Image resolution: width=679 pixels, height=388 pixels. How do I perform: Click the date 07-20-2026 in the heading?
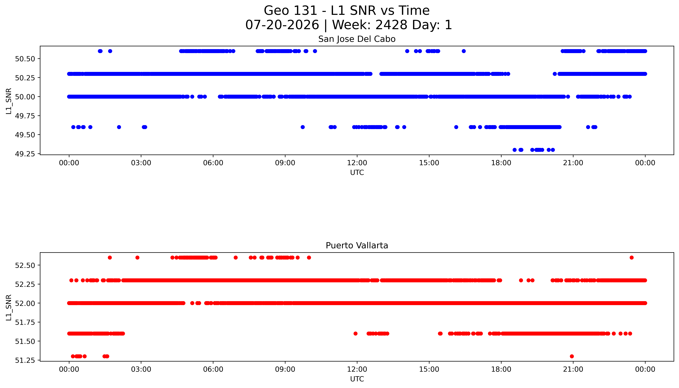[x=282, y=25]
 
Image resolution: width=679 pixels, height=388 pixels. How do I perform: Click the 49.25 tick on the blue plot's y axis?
[x=25, y=154]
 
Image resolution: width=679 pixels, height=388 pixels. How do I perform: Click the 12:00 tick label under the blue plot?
[x=357, y=163]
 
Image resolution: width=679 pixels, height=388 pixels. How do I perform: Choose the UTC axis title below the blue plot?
[x=357, y=173]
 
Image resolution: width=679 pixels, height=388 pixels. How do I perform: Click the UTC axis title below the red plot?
[x=357, y=379]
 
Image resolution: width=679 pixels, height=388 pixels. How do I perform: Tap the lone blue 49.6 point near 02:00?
[x=119, y=127]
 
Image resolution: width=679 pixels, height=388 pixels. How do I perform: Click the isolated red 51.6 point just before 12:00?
[x=355, y=333]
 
